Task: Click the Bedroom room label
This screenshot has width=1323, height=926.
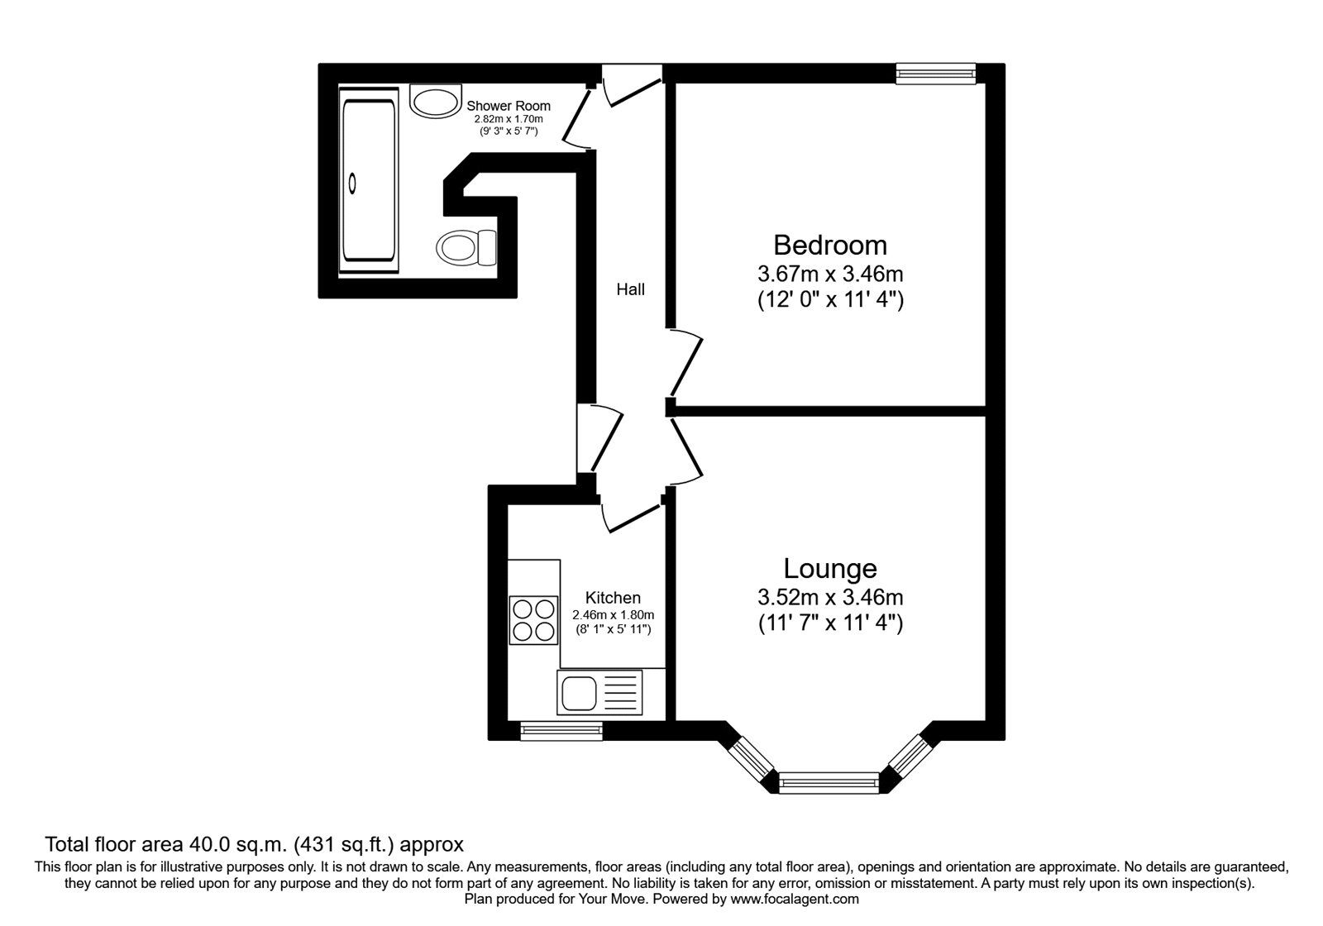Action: pyautogui.click(x=830, y=246)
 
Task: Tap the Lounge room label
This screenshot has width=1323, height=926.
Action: pyautogui.click(x=830, y=569)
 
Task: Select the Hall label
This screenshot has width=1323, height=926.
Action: pyautogui.click(x=630, y=289)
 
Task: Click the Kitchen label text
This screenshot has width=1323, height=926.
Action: pyautogui.click(x=613, y=598)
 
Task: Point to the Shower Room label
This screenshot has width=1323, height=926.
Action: pyautogui.click(x=509, y=106)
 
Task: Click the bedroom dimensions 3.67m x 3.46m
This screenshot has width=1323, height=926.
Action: pyautogui.click(x=830, y=273)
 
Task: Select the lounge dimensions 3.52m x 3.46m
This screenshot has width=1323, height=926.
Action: pyautogui.click(x=830, y=596)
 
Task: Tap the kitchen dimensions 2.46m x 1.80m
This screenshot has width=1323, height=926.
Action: pyautogui.click(x=613, y=615)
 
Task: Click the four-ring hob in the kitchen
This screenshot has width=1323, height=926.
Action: pyautogui.click(x=533, y=620)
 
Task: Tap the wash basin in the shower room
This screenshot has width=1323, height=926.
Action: pyautogui.click(x=435, y=102)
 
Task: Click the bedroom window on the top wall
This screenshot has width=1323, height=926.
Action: pyautogui.click(x=936, y=74)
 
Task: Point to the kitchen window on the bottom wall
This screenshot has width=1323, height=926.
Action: pyautogui.click(x=561, y=730)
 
